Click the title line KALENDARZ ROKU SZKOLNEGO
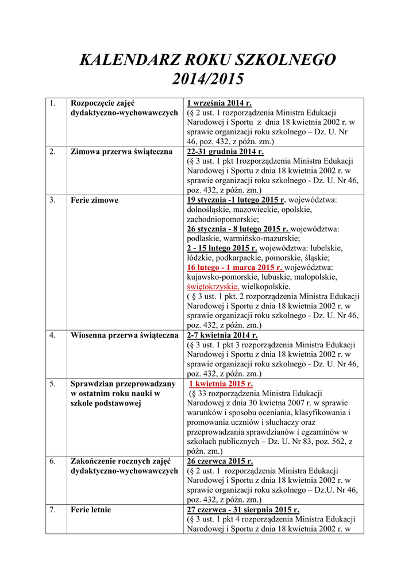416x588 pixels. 207,60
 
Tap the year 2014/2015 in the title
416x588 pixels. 208,79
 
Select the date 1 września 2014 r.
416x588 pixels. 219,103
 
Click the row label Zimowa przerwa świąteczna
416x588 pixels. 121,152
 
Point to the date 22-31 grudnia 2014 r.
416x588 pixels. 225,152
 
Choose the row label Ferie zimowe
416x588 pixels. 94,200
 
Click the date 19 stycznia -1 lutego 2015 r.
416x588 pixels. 236,200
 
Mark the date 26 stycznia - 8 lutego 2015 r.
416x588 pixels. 238,229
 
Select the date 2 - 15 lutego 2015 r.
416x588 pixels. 222,248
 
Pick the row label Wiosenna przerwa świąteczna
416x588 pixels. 124,335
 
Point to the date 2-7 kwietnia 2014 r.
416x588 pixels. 222,335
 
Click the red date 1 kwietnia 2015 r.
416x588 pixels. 221,384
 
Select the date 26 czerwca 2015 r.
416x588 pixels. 220,461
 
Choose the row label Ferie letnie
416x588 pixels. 91,509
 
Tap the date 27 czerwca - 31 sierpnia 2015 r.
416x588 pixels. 243,509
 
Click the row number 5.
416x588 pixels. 52,384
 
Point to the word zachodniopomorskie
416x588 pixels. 223,219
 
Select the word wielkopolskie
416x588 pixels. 266,287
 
